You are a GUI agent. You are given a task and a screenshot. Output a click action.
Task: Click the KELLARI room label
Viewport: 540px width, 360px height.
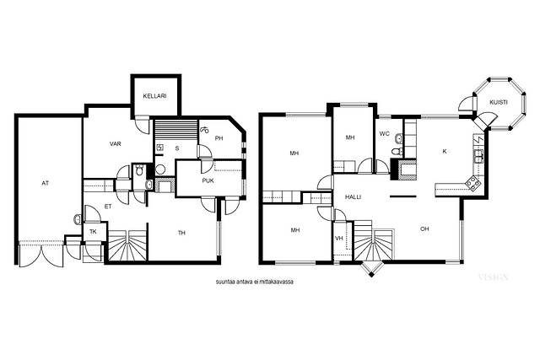[x=154, y=96]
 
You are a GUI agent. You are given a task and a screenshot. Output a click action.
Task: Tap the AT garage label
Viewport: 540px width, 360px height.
[x=45, y=184]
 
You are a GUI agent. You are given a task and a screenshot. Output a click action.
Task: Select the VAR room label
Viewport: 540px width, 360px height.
[x=116, y=144]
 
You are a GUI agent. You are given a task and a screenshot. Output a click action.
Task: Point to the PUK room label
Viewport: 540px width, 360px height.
[x=208, y=180]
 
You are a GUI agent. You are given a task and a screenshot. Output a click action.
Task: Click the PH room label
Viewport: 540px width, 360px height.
[x=219, y=138]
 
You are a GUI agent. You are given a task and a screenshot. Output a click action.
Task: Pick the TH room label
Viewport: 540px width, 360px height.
[x=181, y=233]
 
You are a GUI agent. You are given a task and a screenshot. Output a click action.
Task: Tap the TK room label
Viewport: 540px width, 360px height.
[x=93, y=232]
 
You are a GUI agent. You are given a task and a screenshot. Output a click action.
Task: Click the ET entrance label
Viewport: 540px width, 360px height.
[x=108, y=207]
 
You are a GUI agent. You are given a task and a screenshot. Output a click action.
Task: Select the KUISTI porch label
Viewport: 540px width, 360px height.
[x=499, y=102]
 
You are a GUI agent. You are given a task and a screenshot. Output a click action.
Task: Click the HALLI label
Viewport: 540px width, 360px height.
[x=353, y=197]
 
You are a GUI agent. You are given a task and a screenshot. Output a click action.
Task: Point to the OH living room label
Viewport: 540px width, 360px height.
[x=424, y=228]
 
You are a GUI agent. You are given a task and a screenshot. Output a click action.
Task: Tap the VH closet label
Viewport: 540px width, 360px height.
[x=339, y=238]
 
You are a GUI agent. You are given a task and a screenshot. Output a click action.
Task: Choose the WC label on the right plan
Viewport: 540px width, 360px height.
[x=385, y=133]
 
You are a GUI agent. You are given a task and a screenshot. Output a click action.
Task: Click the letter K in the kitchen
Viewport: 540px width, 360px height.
[x=445, y=151]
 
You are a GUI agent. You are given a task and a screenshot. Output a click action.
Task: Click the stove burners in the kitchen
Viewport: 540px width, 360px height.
[x=472, y=184]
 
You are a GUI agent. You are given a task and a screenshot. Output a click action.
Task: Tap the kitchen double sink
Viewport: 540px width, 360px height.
[x=478, y=156]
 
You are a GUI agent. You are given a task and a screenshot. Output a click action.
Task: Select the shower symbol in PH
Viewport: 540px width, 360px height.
[x=204, y=130]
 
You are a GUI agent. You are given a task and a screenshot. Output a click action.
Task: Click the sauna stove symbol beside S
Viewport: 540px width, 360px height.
[x=160, y=148]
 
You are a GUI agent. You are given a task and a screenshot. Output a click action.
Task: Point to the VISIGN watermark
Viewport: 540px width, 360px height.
[x=493, y=277]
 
